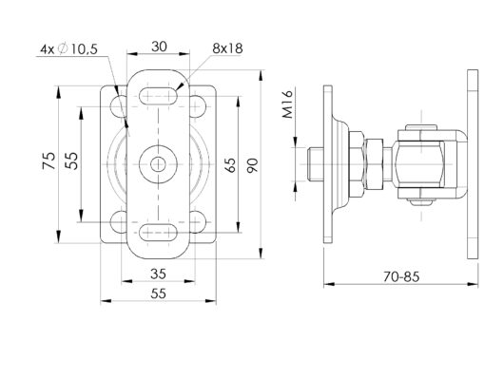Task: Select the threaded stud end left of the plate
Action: click(x=317, y=162)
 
